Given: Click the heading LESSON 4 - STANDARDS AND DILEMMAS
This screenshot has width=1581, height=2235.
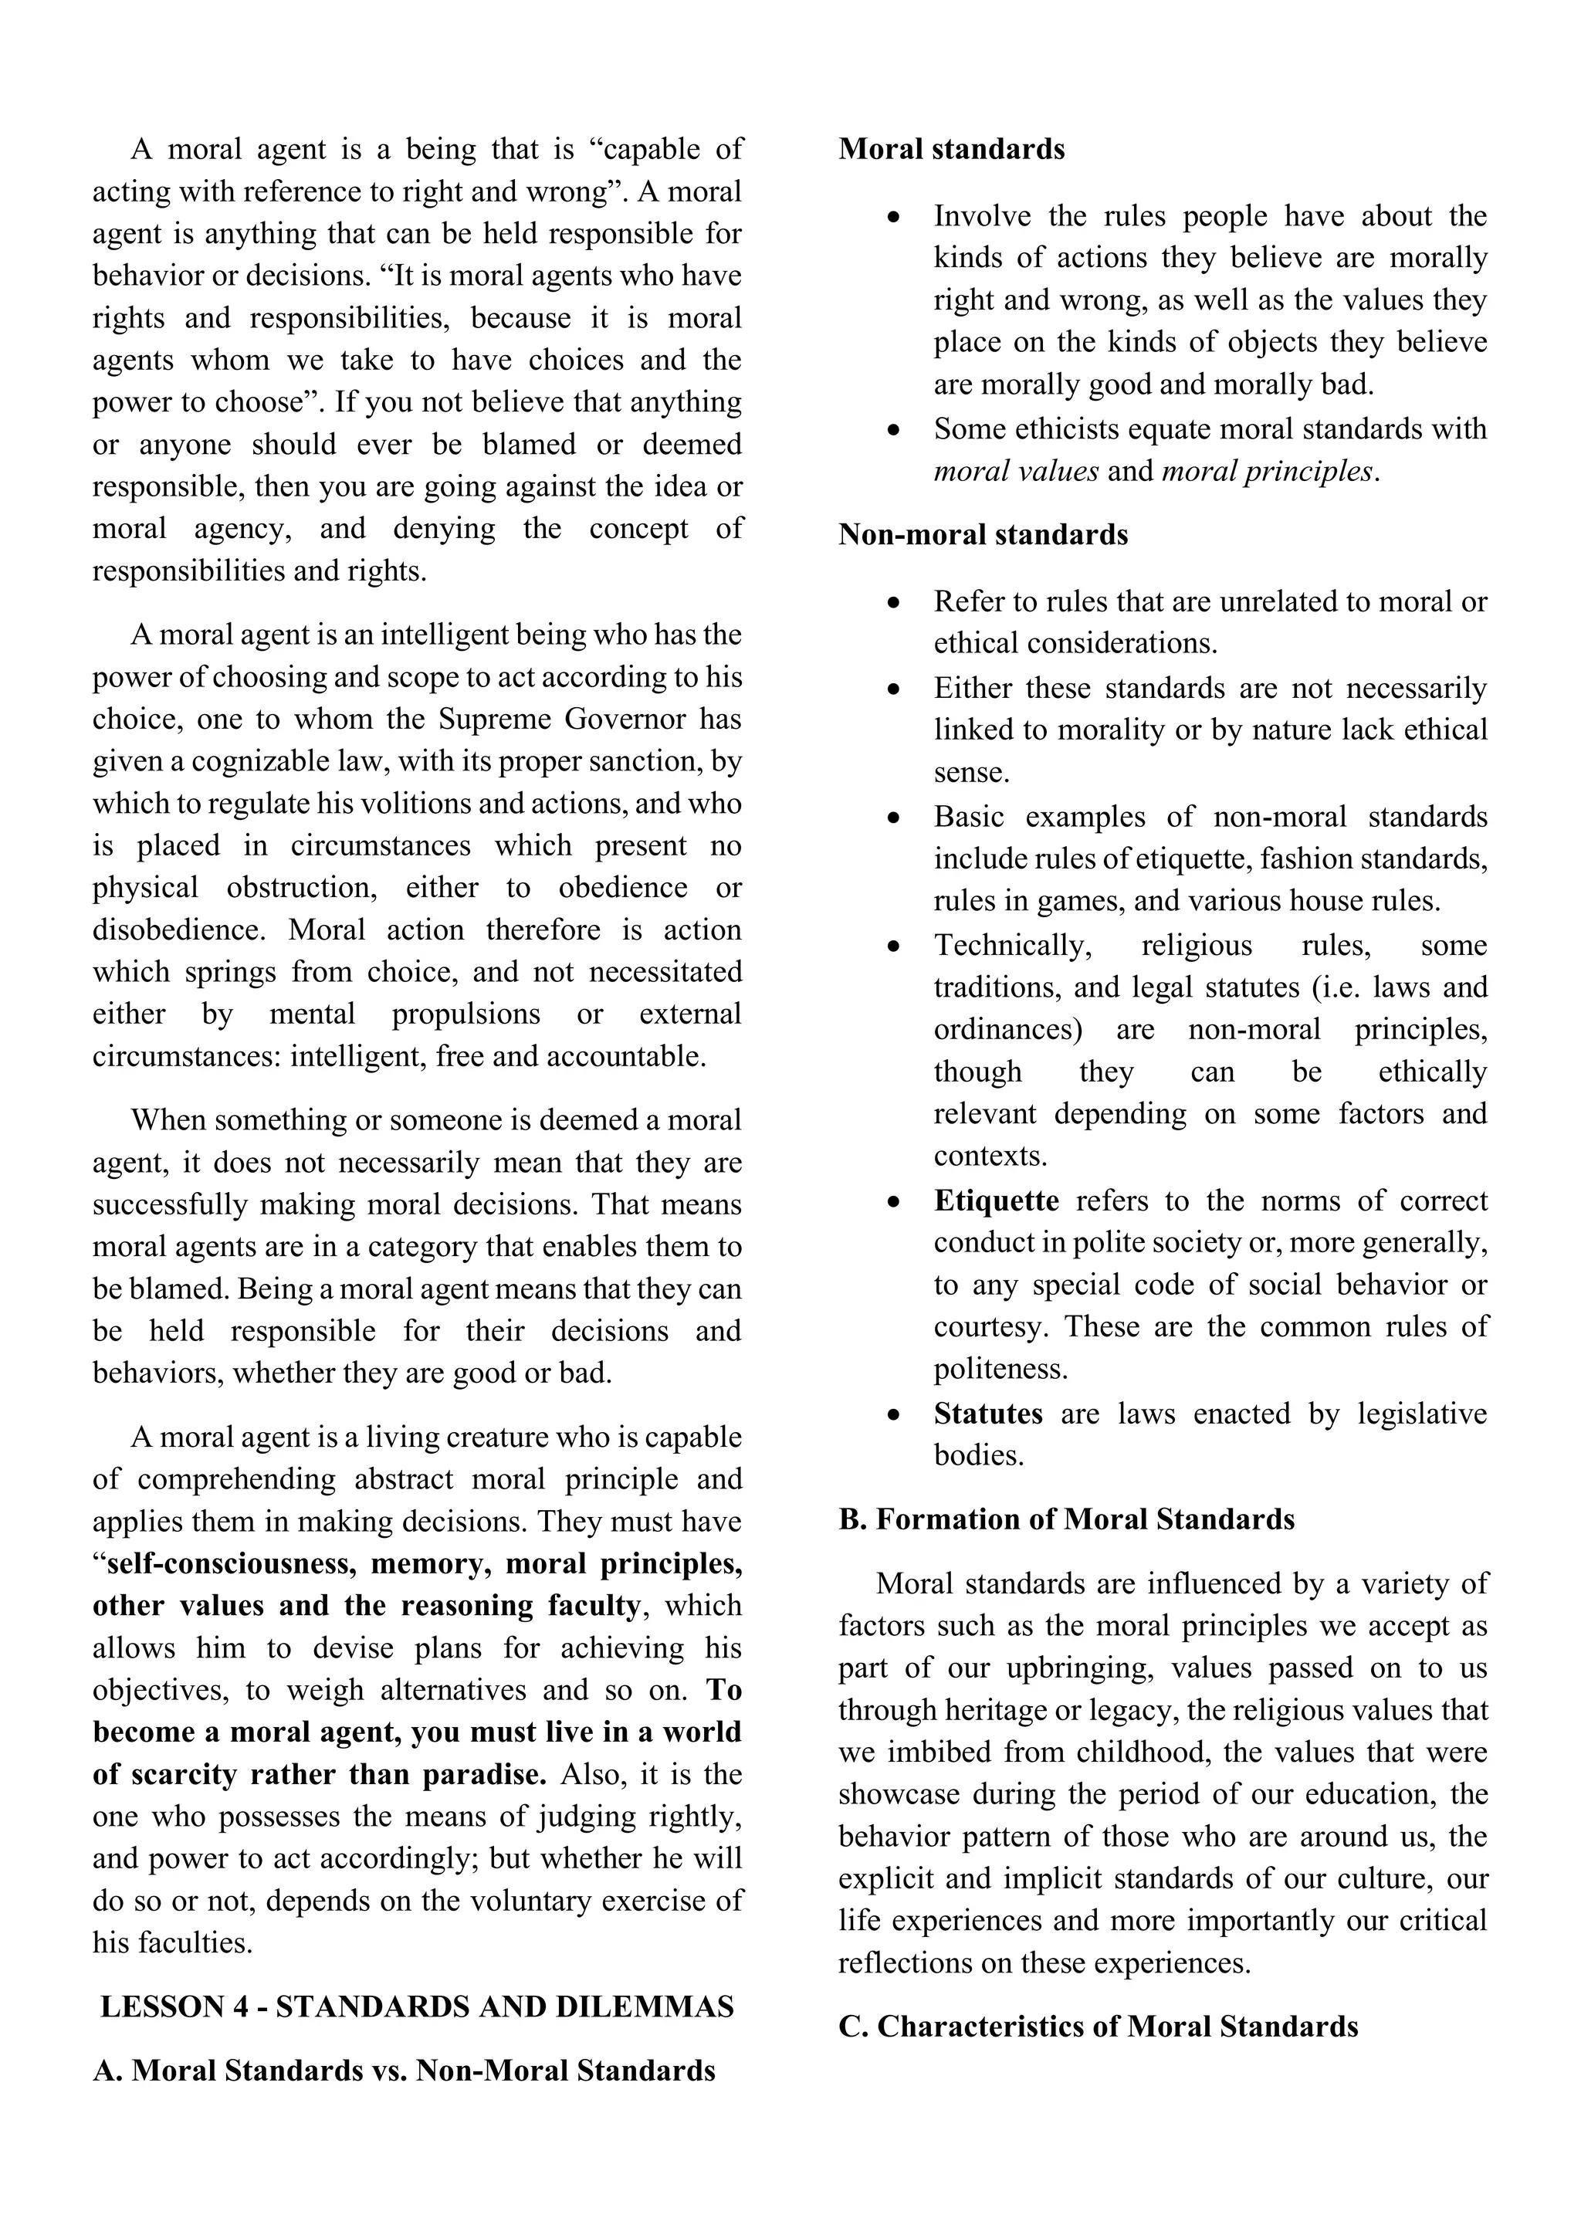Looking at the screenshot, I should (x=417, y=2006).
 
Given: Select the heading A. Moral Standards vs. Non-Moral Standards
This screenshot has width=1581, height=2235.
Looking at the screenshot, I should (x=404, y=2070).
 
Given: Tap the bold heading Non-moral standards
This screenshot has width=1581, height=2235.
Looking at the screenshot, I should (x=983, y=534).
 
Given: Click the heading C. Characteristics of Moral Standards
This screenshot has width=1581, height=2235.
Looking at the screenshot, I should (x=1099, y=2026).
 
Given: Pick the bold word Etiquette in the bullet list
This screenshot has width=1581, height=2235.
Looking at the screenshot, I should (x=996, y=1200).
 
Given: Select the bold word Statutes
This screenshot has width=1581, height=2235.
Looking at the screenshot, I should (x=988, y=1414).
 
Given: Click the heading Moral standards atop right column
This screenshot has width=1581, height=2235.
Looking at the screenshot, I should (x=951, y=149).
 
